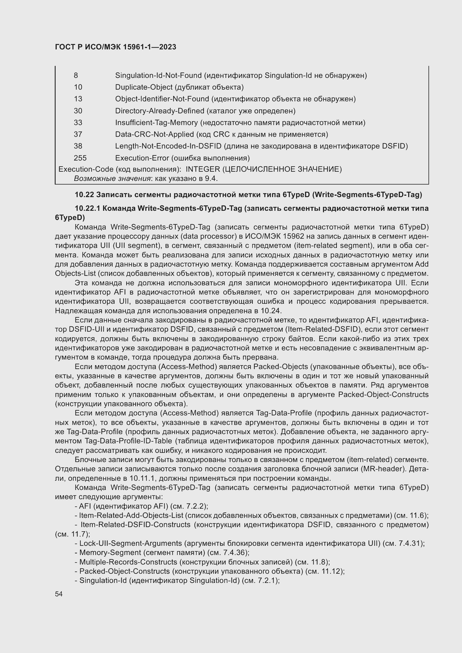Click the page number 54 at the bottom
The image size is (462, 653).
[59, 594]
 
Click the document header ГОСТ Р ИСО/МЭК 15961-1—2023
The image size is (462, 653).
[116, 47]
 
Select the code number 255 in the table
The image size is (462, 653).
[80, 158]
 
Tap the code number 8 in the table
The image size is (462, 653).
[76, 75]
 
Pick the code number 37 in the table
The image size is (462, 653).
[78, 134]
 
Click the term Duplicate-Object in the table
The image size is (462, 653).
[144, 87]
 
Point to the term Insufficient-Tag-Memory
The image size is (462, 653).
[156, 123]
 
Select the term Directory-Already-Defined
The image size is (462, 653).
[159, 111]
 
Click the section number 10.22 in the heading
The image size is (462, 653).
[84, 195]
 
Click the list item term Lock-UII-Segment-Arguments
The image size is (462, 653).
[130, 543]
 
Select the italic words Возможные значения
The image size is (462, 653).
[112, 179]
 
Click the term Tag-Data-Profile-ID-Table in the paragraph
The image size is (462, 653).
[128, 441]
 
